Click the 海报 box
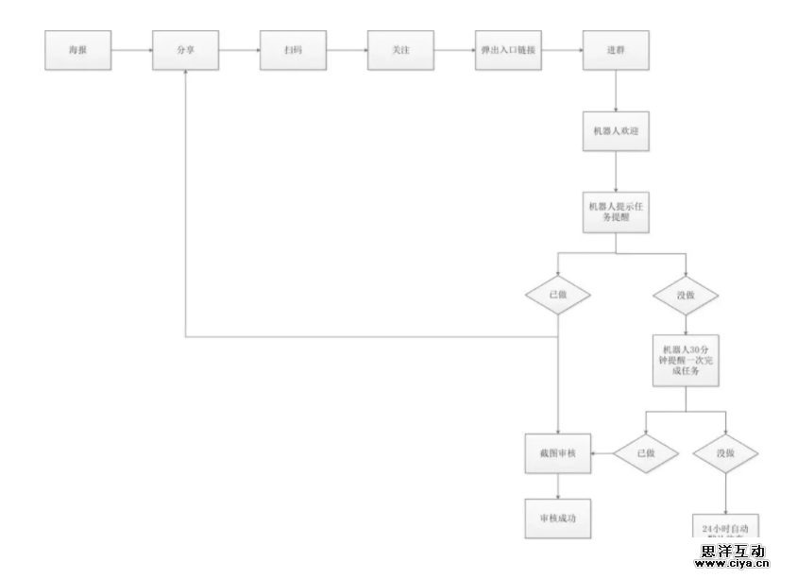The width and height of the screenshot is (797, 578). point(77,50)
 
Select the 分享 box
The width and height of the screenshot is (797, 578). point(185,50)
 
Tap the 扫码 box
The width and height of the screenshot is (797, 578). point(293,50)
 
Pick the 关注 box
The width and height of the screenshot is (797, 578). point(400,50)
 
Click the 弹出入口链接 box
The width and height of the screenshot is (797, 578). point(508,50)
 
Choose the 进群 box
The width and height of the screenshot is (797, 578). point(616,50)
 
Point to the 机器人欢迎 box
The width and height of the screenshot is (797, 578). point(616,131)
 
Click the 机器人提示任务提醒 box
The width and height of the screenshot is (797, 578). point(616,212)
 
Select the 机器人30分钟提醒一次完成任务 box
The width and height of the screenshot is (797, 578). point(686,359)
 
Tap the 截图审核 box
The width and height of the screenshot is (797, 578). point(557,453)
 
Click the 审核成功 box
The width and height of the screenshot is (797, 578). point(557,518)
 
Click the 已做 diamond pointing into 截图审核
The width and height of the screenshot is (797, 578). point(645,453)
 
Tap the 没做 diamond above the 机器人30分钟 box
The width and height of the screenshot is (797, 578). point(686,296)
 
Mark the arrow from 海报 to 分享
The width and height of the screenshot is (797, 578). point(131,50)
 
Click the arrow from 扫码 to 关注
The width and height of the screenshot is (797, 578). point(347,50)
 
